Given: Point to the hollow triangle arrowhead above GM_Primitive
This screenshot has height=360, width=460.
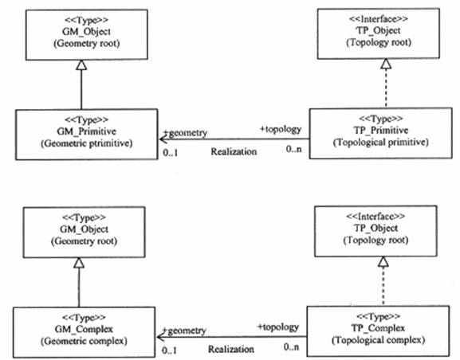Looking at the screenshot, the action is coord(81,65).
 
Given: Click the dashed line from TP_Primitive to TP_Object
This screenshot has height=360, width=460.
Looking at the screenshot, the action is coord(386,88).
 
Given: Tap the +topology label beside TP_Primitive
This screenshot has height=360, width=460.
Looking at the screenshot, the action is coord(281,129).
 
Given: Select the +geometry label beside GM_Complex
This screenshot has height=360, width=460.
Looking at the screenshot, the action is coord(184,331).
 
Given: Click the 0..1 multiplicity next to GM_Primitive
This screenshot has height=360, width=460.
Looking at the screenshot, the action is coord(171,152).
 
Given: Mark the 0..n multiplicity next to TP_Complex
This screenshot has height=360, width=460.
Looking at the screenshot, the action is coord(291,347).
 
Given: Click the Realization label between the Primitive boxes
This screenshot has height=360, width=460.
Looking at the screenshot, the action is coord(234,151).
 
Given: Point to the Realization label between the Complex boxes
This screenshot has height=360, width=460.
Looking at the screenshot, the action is coord(231,349).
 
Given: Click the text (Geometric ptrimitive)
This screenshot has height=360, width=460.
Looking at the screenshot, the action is coord(87,143).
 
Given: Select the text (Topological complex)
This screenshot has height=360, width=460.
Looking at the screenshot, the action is coord(378,340).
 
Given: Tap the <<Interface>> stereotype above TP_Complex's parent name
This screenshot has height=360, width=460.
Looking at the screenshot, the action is coord(375,217).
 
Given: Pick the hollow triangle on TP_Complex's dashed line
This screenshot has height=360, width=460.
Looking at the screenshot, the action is coord(383,261).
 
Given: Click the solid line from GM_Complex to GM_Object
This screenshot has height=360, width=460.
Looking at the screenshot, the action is coord(79,288).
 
